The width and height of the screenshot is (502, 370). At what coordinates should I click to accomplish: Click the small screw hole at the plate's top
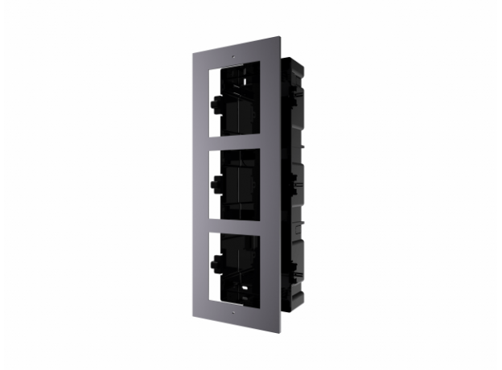click(232, 58)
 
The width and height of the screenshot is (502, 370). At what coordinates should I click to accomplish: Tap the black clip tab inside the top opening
click(215, 103)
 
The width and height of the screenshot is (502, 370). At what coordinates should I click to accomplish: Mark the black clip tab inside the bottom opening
click(216, 263)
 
